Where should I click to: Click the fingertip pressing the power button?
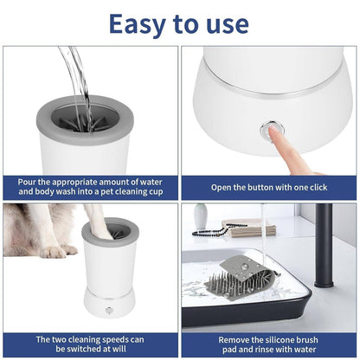[274, 132]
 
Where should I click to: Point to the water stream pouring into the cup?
[79, 78]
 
